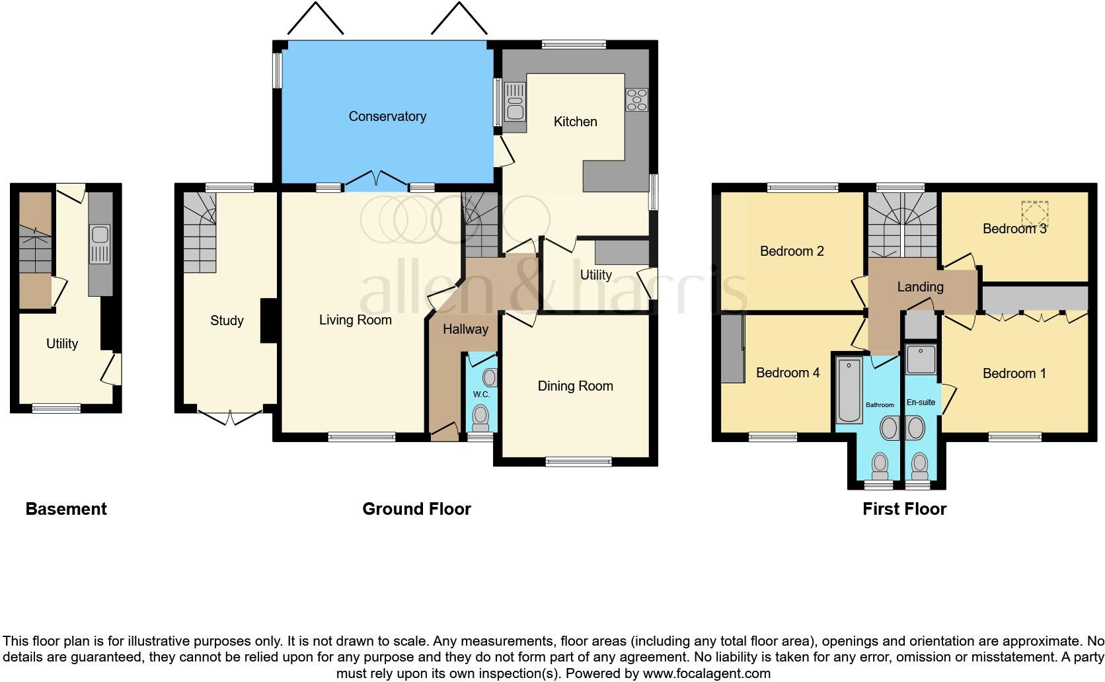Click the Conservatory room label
(x=387, y=116)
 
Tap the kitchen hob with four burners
(x=637, y=100)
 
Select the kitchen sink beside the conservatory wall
(x=515, y=102)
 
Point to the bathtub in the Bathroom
(x=849, y=390)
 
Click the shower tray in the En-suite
(x=920, y=359)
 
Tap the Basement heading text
(x=66, y=509)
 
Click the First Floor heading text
(x=904, y=509)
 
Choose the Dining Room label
(x=575, y=386)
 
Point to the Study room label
(x=227, y=321)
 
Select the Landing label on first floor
(x=920, y=287)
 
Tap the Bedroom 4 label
(x=788, y=373)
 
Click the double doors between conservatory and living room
(x=376, y=178)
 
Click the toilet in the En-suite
(x=919, y=466)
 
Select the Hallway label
(x=465, y=329)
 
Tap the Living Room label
(x=356, y=320)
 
